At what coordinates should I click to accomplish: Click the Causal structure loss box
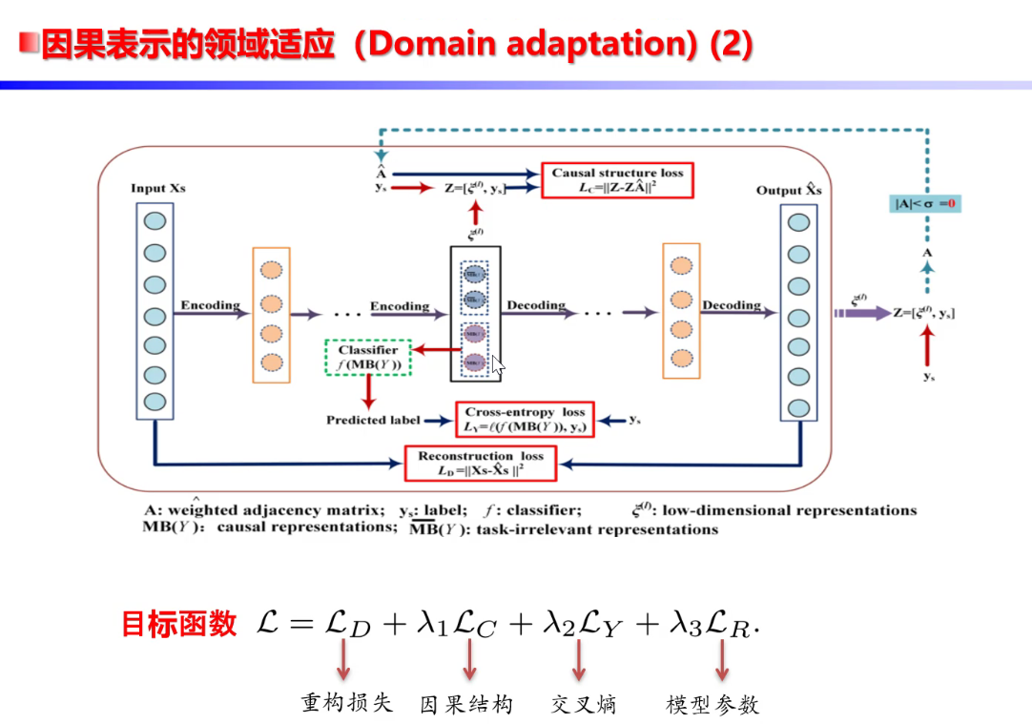click(617, 180)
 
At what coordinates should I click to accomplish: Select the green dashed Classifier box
click(368, 357)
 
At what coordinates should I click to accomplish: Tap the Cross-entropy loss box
click(524, 420)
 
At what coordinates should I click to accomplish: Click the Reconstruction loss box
click(481, 464)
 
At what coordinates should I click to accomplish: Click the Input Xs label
click(157, 188)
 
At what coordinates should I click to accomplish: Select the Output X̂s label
click(789, 190)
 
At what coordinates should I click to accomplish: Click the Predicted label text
click(373, 420)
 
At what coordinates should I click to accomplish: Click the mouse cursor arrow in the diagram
click(497, 366)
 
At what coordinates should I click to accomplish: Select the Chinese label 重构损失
click(347, 704)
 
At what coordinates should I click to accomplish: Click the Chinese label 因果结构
click(466, 705)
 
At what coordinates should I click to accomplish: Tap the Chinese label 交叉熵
click(583, 705)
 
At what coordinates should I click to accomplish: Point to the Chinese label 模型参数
click(712, 705)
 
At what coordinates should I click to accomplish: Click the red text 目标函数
click(178, 625)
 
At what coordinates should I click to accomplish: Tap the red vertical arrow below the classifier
click(368, 391)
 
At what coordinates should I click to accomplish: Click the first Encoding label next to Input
click(210, 305)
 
